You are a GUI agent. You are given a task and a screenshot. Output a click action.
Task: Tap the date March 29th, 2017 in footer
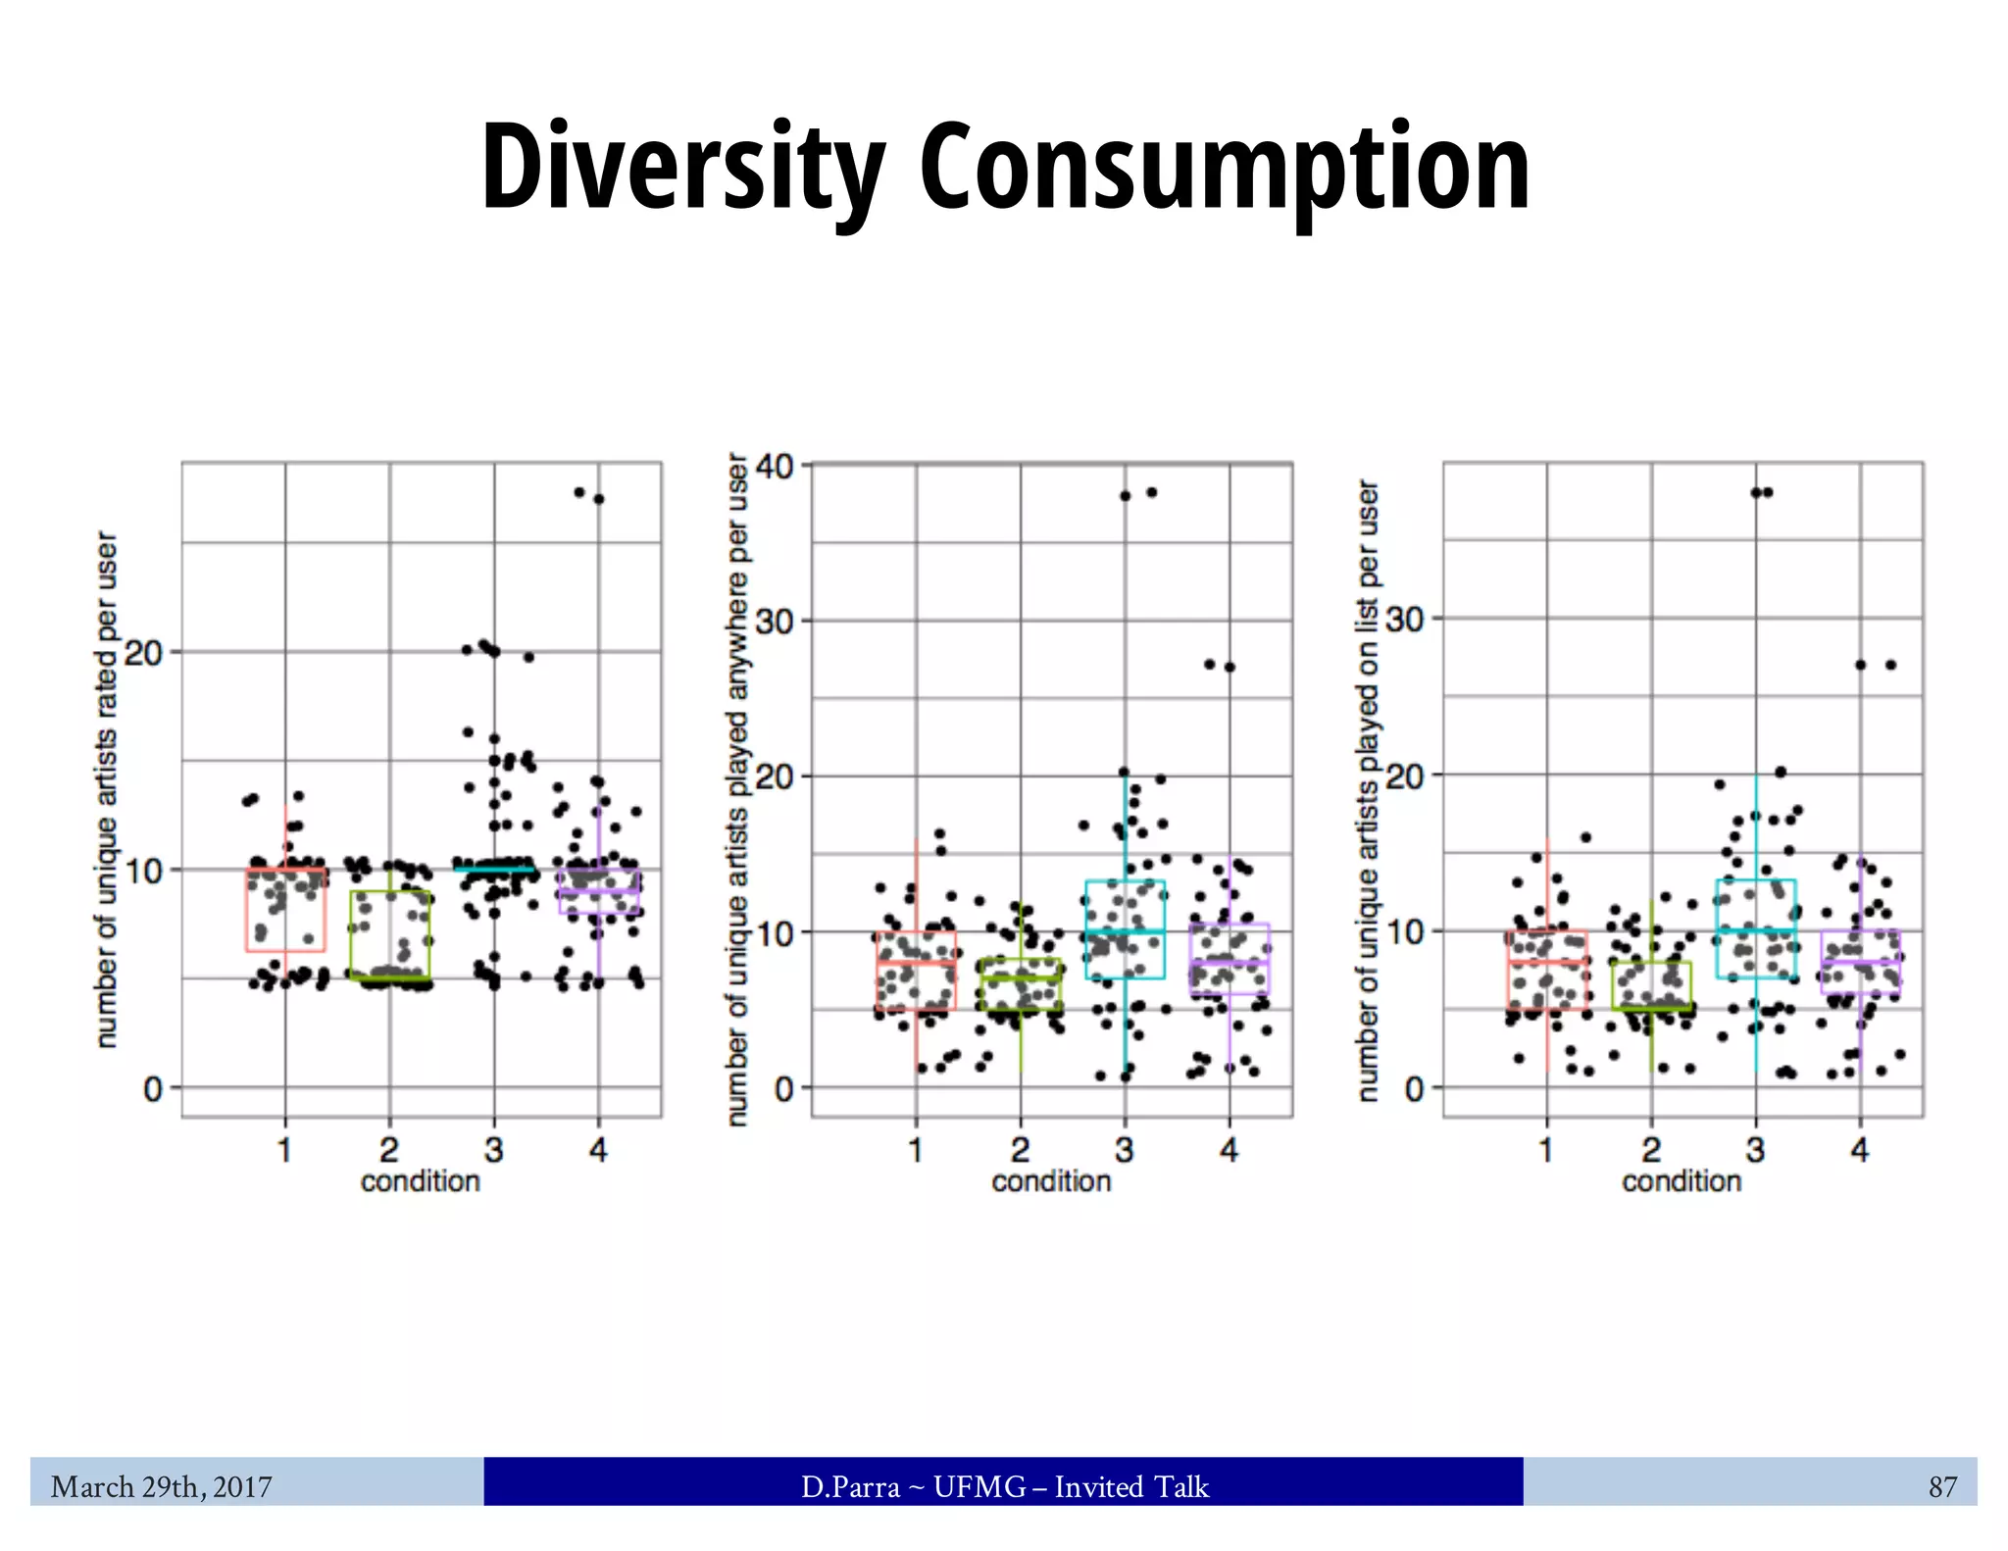point(162,1487)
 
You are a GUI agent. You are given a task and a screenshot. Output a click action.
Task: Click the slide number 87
point(1942,1487)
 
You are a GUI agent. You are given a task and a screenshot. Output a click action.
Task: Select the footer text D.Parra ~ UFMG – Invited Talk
point(1004,1487)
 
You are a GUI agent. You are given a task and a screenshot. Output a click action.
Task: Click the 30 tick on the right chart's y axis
point(1404,619)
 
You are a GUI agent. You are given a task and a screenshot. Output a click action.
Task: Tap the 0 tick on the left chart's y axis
point(152,1088)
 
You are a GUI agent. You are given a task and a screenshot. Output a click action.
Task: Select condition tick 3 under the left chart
point(493,1149)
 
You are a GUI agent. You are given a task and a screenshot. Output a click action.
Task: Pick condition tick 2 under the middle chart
point(1020,1149)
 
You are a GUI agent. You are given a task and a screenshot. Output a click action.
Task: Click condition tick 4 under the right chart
point(1859,1149)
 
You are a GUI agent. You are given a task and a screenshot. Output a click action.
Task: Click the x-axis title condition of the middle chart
point(1051,1181)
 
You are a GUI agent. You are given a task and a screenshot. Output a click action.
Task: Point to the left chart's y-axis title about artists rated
point(107,789)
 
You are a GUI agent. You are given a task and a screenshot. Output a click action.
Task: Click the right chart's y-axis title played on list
point(1368,789)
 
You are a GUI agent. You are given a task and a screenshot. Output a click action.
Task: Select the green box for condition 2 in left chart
point(389,934)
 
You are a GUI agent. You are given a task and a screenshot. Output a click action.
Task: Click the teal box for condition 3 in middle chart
point(1125,928)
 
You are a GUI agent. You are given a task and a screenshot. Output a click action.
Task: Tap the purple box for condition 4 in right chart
point(1860,962)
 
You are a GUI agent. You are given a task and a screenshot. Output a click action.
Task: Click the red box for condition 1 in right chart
point(1546,970)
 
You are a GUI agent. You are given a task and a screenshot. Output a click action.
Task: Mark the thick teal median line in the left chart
point(494,869)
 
